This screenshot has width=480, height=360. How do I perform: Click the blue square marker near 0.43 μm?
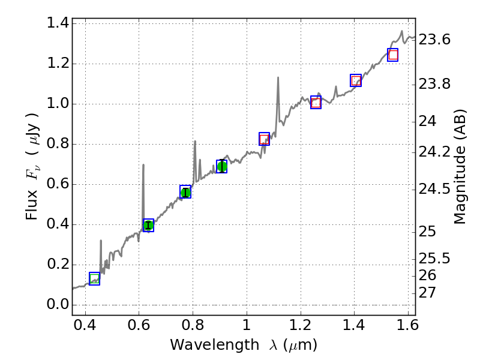(x=94, y=278)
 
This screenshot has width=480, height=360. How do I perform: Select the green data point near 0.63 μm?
(x=148, y=226)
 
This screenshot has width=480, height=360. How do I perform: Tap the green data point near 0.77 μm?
(x=185, y=192)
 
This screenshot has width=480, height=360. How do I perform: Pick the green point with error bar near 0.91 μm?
(x=222, y=166)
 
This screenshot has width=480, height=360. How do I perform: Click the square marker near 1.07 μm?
(x=264, y=139)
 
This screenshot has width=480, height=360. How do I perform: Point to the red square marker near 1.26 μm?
(x=316, y=103)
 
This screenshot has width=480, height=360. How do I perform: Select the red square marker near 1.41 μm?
(x=356, y=80)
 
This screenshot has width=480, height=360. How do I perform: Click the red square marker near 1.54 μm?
(x=393, y=55)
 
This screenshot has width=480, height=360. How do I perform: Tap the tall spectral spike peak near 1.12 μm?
(x=278, y=77)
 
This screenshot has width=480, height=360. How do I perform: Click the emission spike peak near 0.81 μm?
(x=195, y=142)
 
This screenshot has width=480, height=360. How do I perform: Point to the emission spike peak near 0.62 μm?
(x=143, y=165)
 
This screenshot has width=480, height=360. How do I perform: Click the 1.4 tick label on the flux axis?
(x=58, y=23)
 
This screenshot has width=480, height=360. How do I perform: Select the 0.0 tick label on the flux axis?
(x=58, y=305)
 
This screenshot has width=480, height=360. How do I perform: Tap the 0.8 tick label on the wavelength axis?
(x=193, y=327)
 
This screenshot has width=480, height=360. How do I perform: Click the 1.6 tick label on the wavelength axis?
(x=407, y=327)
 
